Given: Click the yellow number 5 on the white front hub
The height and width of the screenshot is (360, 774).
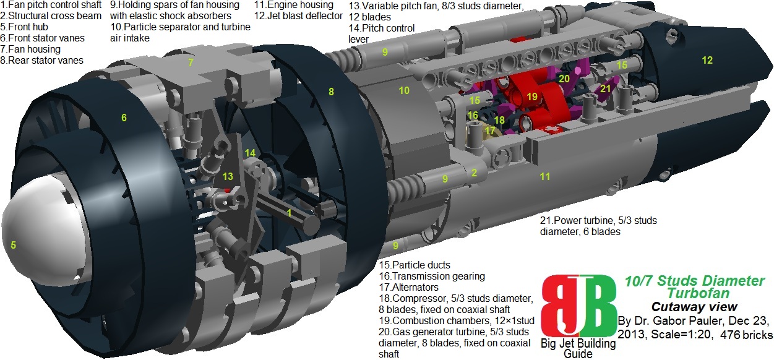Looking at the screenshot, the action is (x=13, y=245).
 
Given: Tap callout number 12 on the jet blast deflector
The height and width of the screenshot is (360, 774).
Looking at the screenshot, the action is (x=707, y=60).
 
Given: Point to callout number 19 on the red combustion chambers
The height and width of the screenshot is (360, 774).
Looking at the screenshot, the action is (x=532, y=96).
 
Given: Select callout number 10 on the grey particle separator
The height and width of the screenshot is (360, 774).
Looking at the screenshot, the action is (x=404, y=90).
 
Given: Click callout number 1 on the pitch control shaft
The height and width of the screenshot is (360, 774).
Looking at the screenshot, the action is (x=289, y=213).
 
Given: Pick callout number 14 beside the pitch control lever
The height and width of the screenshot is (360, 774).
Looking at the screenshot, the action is (x=250, y=153).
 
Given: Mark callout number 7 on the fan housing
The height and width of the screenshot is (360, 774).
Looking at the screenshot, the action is (x=191, y=62).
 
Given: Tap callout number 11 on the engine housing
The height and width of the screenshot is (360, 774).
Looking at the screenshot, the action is (x=544, y=176).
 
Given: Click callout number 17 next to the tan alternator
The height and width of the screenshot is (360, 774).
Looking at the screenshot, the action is (x=489, y=131).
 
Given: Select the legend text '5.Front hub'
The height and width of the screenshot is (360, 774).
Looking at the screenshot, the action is (x=24, y=27).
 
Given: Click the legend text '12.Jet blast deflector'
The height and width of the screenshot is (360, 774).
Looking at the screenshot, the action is (x=299, y=16).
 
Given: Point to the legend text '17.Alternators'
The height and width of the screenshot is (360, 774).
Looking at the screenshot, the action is (x=409, y=287).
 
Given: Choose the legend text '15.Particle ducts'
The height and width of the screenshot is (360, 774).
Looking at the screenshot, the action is (x=415, y=265).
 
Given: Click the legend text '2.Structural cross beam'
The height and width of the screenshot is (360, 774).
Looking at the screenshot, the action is (x=51, y=16).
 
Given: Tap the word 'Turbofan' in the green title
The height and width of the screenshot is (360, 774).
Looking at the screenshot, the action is (x=699, y=293).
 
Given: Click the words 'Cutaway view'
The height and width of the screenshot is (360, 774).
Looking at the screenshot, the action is (x=694, y=307).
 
